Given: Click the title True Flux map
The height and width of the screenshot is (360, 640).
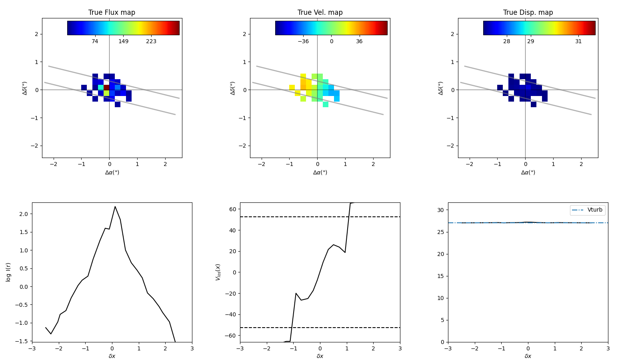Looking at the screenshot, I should [x=112, y=12].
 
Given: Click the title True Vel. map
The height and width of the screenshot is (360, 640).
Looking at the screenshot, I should [x=320, y=12].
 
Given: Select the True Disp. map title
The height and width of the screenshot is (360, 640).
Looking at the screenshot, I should [x=528, y=12].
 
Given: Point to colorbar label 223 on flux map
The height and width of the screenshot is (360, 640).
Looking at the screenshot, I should [x=151, y=42].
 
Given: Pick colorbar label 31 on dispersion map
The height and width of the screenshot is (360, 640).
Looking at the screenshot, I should [x=578, y=42].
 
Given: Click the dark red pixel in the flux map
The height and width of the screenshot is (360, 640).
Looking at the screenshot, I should [x=106, y=87].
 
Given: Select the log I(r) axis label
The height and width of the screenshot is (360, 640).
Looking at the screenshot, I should [x=8, y=272].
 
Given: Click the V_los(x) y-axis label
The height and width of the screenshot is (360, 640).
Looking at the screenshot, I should [x=218, y=272].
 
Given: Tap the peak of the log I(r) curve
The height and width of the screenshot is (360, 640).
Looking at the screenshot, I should [x=115, y=207].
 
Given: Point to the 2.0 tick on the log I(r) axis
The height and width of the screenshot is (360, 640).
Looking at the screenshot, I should [x=23, y=214].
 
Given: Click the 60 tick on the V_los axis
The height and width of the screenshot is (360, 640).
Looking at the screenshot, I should [x=232, y=209].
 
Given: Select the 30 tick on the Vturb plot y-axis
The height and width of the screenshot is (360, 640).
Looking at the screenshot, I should [x=440, y=210].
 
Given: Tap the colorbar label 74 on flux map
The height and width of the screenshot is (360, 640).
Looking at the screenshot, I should [x=95, y=42].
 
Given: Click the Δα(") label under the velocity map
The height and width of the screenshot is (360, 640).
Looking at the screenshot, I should [x=320, y=172].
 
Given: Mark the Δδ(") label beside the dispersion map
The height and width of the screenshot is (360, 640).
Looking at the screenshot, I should [x=441, y=88].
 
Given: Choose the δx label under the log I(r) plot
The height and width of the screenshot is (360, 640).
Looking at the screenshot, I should [x=112, y=356].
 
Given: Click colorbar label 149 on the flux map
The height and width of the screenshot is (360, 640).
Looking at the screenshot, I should [x=123, y=42].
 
